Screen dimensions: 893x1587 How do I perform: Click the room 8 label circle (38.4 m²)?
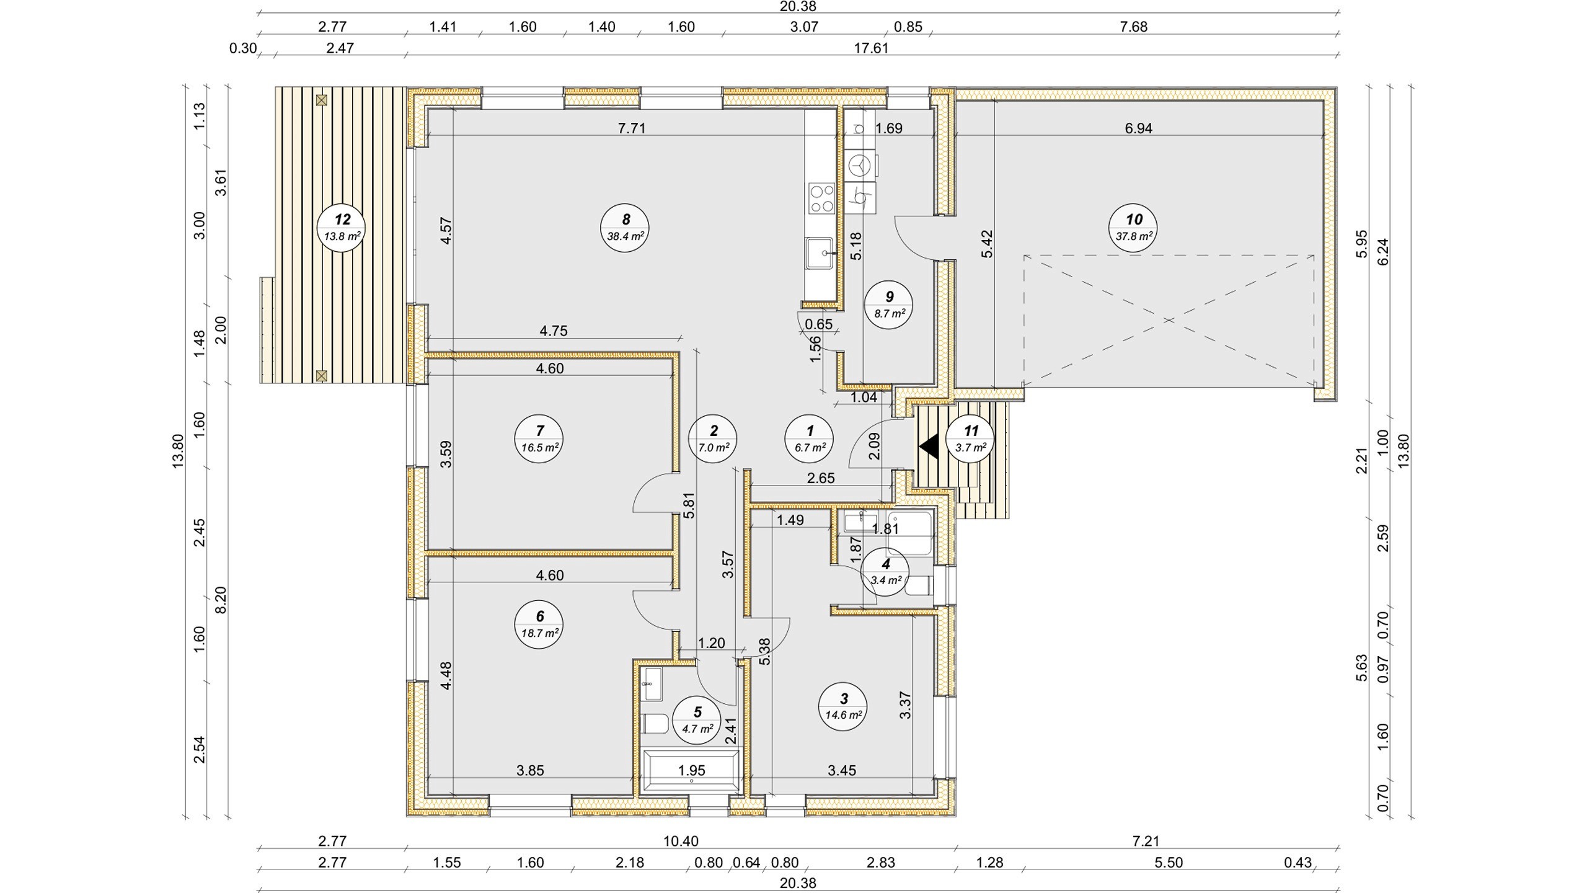coord(625,228)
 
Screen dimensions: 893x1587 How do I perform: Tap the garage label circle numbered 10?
coord(1133,228)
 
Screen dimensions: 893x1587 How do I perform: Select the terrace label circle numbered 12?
coord(342,228)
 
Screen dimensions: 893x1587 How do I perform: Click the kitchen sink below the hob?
coord(819,253)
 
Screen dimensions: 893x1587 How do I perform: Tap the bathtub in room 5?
coord(691,771)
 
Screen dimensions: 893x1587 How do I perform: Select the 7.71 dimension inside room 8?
coord(632,128)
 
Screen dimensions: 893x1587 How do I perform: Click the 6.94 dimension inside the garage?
coord(1138,128)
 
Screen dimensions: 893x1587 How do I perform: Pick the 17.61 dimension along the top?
coord(871,48)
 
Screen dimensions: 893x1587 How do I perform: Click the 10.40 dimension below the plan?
coord(681,842)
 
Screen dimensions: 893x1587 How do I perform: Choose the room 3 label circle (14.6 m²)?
coord(843,707)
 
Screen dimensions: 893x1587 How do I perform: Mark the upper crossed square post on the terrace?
coord(321,100)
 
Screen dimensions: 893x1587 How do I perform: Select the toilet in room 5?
coord(655,724)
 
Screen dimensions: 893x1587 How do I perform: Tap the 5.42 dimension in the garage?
coord(987,244)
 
